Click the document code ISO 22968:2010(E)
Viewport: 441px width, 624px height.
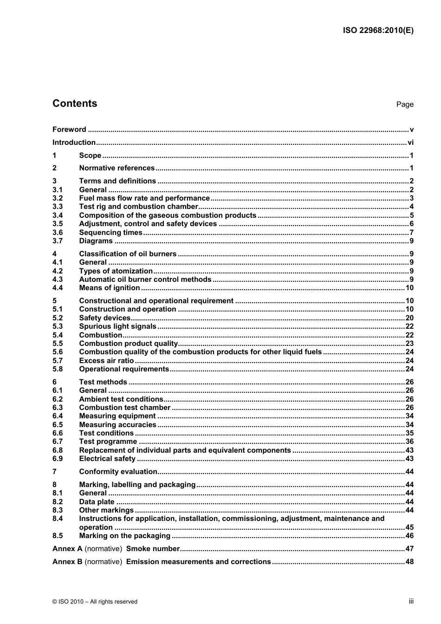[x=378, y=31]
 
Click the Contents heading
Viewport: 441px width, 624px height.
[x=75, y=104]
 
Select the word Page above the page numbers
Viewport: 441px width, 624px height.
[x=404, y=104]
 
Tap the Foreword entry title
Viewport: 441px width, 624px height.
[x=69, y=130]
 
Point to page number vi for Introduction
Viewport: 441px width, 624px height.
[x=410, y=143]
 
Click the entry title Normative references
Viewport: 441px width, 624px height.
[x=117, y=168]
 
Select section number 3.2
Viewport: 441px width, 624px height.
[x=58, y=198]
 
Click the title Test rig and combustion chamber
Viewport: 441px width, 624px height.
[x=138, y=207]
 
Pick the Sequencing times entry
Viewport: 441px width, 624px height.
[x=110, y=233]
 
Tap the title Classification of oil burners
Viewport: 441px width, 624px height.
[x=128, y=254]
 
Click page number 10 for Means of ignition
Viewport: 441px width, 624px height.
[x=409, y=288]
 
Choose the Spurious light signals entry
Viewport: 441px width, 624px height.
[x=117, y=326]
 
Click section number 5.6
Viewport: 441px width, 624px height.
[x=58, y=352]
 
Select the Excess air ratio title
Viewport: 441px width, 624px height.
[x=106, y=361]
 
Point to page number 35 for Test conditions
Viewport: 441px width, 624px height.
[x=409, y=433]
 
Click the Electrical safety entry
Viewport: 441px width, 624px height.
[x=107, y=459]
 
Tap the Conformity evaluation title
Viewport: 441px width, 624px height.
[x=118, y=472]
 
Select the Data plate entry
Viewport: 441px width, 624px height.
[x=97, y=502]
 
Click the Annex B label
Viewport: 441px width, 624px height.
[x=67, y=562]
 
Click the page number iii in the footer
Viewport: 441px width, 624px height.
[x=411, y=601]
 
